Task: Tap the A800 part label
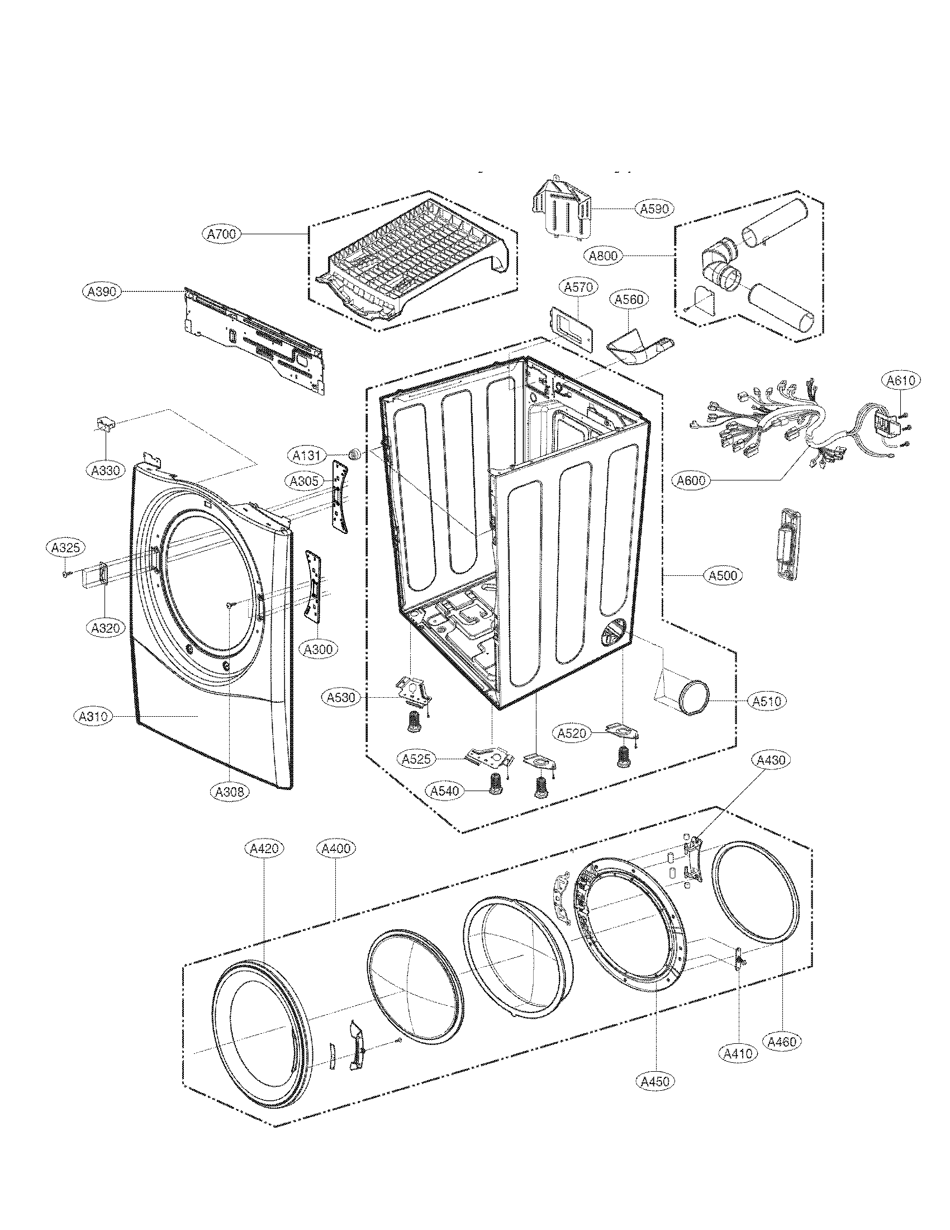click(604, 256)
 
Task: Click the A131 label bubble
click(307, 454)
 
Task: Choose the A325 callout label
click(65, 547)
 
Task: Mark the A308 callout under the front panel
click(230, 791)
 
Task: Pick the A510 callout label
click(767, 701)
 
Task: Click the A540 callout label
click(445, 791)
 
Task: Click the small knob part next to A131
click(354, 453)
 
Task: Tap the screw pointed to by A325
click(66, 574)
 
